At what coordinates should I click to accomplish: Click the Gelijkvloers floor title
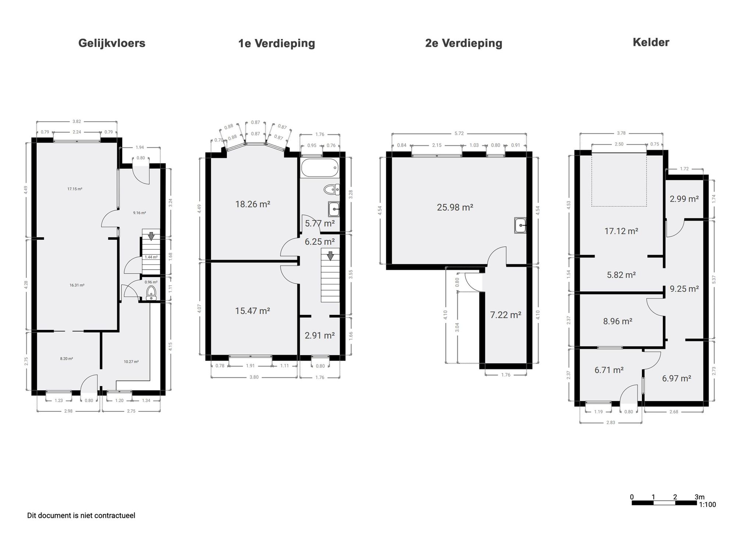tap(112, 43)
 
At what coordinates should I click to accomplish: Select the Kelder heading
tap(651, 42)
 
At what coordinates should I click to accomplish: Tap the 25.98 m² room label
tap(455, 207)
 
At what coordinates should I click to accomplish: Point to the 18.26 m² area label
tap(253, 204)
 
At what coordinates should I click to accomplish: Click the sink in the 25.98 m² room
tap(520, 225)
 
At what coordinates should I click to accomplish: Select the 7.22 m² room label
tap(506, 315)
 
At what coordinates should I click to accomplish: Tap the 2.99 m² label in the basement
tap(684, 199)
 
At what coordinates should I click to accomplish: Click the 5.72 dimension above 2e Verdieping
tap(459, 133)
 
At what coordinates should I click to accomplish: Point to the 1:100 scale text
tap(707, 505)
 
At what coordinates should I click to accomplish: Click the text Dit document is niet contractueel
tap(81, 516)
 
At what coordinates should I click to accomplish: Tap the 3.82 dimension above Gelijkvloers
tap(76, 121)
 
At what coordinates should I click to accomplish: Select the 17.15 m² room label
tap(75, 189)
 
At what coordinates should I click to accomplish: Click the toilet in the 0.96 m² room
tap(151, 293)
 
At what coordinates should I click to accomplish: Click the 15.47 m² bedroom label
tap(253, 311)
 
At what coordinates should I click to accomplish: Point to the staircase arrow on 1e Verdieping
tap(330, 255)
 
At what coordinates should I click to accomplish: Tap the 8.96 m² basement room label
tap(618, 321)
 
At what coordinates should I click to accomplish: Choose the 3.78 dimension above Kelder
tap(621, 133)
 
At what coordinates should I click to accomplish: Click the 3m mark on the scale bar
tap(699, 497)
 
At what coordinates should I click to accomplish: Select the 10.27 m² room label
tap(131, 362)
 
